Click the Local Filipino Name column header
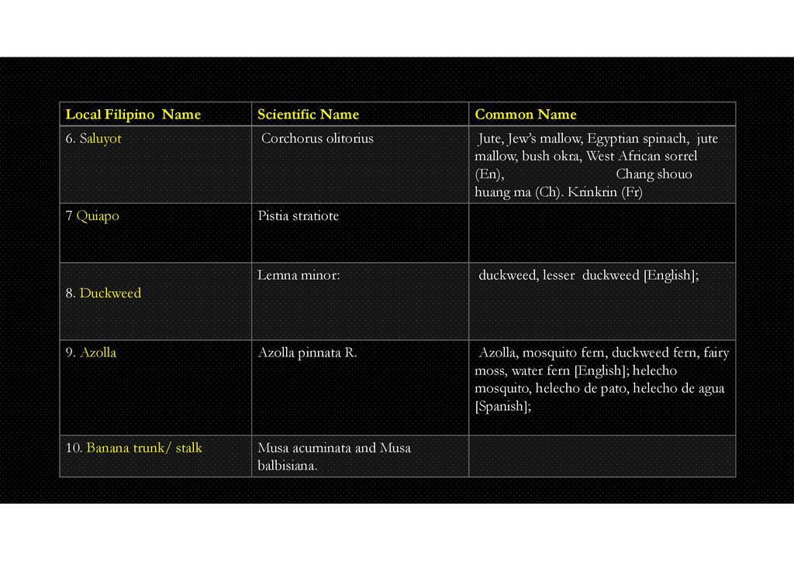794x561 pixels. pyautogui.click(x=133, y=115)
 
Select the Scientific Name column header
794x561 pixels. pyautogui.click(x=308, y=115)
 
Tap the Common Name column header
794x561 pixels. pyautogui.click(x=525, y=115)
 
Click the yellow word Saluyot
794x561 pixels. pyautogui.click(x=100, y=139)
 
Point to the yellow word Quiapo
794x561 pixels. pyautogui.click(x=98, y=216)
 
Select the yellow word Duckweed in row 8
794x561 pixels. pyautogui.click(x=110, y=293)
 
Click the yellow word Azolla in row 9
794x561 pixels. pyautogui.click(x=98, y=353)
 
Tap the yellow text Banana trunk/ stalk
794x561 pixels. pyautogui.click(x=143, y=448)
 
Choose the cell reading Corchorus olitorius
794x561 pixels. pyautogui.click(x=317, y=139)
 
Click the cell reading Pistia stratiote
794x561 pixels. pyautogui.click(x=298, y=216)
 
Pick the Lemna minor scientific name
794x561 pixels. pyautogui.click(x=299, y=274)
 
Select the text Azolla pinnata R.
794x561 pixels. pyautogui.click(x=307, y=353)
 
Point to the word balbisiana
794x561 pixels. pyautogui.click(x=287, y=466)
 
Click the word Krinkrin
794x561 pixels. pyautogui.click(x=594, y=192)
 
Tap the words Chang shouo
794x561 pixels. pyautogui.click(x=654, y=174)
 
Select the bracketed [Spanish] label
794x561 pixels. pyautogui.click(x=502, y=407)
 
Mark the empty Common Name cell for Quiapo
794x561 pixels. pyautogui.click(x=602, y=232)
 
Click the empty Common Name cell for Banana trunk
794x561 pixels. pyautogui.click(x=602, y=456)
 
